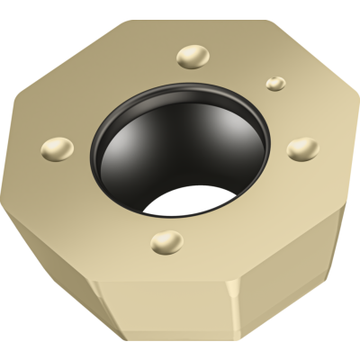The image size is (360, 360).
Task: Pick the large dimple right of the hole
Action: coord(303,147)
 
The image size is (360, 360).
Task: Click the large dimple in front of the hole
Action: coord(166,240)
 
